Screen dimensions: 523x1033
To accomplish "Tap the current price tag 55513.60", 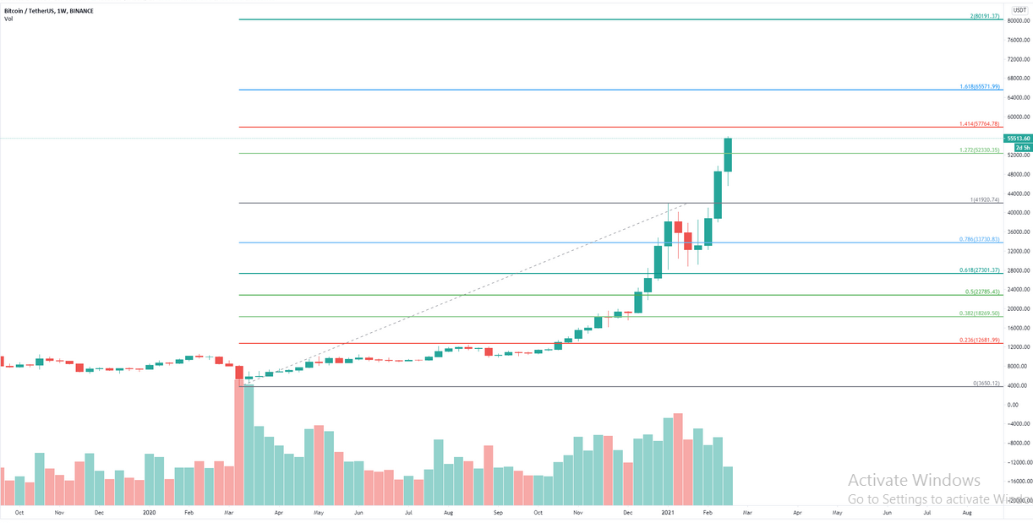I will point(1017,138).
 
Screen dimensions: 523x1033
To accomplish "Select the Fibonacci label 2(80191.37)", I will point(985,16).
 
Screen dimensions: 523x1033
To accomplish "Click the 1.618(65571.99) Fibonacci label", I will point(980,86).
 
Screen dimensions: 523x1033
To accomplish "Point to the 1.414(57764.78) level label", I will point(980,123).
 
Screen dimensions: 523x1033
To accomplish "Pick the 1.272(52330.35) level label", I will point(980,150).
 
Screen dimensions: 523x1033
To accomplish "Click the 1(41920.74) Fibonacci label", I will point(985,199).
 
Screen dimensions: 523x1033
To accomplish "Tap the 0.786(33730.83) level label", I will point(980,239).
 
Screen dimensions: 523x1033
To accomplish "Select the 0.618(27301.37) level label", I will point(980,270).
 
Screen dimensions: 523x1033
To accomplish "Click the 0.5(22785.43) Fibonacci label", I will point(982,291).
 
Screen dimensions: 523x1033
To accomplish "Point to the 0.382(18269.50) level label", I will point(980,313).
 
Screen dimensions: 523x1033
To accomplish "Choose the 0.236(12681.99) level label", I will point(980,340).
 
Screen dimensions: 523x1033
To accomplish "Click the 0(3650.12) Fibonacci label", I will point(987,384).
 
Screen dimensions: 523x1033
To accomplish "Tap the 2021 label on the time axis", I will point(668,512).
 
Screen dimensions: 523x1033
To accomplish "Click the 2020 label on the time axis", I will point(149,512).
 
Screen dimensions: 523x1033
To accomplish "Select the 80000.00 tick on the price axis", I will point(1017,20).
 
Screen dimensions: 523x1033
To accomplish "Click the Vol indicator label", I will point(8,18).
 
